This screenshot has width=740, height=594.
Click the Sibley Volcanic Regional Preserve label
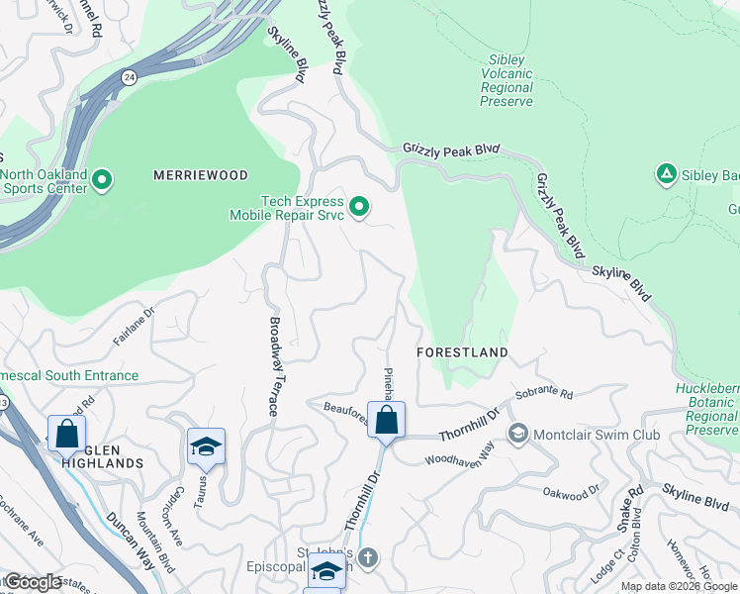tap(507, 81)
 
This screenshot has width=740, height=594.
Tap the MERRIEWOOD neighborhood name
tap(201, 174)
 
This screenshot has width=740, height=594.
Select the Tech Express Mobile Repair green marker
tap(360, 207)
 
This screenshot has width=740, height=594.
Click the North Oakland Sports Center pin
tap(104, 181)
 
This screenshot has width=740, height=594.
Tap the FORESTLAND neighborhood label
tap(462, 352)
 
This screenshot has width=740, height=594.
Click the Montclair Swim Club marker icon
tap(517, 434)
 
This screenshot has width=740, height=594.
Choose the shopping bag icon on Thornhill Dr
tap(386, 420)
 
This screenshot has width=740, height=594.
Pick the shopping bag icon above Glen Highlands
tap(66, 433)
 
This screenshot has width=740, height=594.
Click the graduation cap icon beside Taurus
tap(206, 446)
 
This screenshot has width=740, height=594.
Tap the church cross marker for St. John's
tap(367, 557)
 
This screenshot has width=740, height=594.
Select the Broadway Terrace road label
tap(276, 365)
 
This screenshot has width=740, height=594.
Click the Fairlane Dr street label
tap(135, 326)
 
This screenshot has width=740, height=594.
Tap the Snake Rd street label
tap(629, 504)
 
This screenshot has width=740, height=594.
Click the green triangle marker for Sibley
tap(666, 175)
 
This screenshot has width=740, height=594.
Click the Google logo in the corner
tap(33, 582)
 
